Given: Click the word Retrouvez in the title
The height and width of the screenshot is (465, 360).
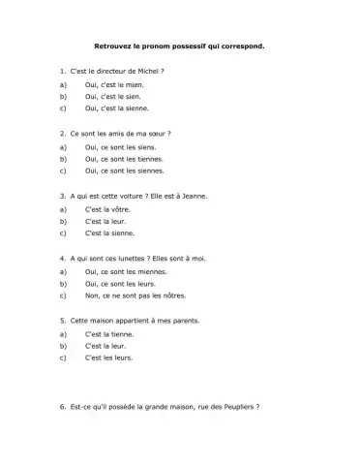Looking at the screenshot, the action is click(111, 46).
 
